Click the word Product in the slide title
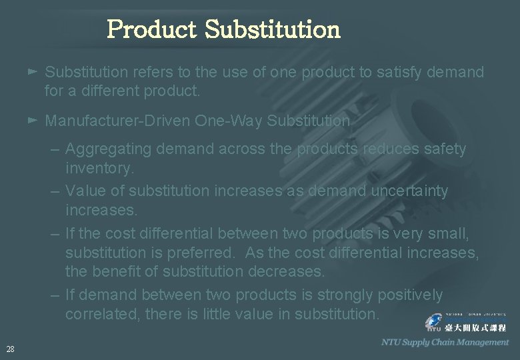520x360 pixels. [152, 29]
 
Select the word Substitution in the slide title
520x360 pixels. [273, 29]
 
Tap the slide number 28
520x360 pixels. [10, 349]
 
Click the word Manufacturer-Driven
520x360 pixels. [117, 121]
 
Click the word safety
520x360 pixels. [443, 149]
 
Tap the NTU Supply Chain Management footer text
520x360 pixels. [445, 342]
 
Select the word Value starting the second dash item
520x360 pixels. [85, 191]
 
